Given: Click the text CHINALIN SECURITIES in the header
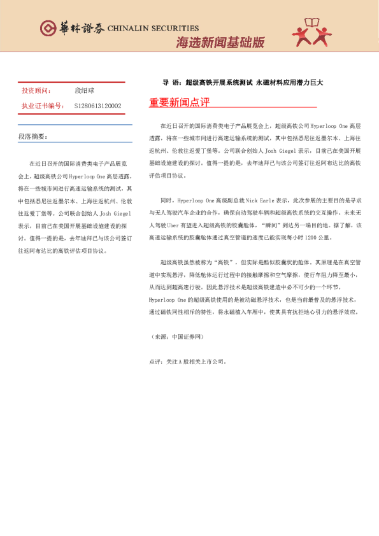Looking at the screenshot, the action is [x=153, y=29].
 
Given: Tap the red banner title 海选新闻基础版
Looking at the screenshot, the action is [x=220, y=42].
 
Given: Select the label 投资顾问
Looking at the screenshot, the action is [x=36, y=91].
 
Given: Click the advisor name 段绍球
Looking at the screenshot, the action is [x=84, y=91].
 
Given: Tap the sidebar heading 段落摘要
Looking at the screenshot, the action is [x=32, y=136].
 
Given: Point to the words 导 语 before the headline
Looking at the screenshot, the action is [x=169, y=83].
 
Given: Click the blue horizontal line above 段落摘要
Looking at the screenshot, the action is [x=75, y=124].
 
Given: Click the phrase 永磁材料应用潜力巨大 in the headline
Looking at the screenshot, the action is [x=290, y=83].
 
